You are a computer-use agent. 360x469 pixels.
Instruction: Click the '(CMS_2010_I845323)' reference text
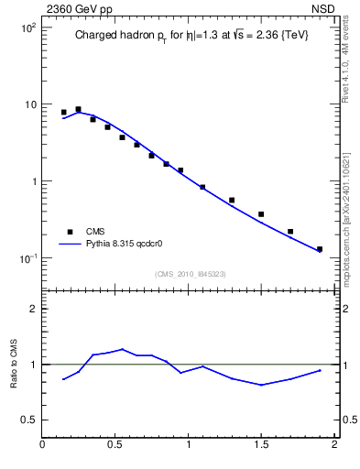[x=190, y=274]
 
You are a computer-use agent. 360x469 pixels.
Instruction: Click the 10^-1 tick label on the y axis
[x=26, y=258]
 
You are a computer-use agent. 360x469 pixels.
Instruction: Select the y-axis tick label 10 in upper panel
[x=29, y=104]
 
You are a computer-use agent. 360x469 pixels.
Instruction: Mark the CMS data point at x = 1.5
[x=261, y=214]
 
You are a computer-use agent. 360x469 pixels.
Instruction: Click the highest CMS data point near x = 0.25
[x=78, y=109]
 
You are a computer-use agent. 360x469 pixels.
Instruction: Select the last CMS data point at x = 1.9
[x=320, y=249]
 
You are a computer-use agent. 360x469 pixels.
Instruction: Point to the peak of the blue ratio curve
[x=122, y=349]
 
